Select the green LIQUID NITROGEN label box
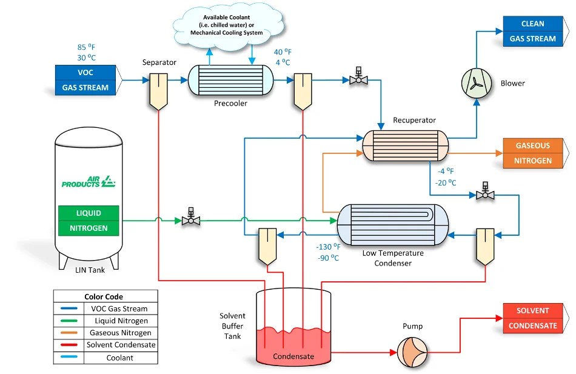click(x=89, y=221)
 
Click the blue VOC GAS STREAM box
click(x=85, y=80)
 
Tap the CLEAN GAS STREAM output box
click(x=533, y=32)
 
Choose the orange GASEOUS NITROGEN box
click(x=533, y=153)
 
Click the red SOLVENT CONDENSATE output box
click(x=533, y=318)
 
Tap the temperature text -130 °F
click(x=328, y=247)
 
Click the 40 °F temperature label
click(x=283, y=52)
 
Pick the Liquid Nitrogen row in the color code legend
click(x=105, y=320)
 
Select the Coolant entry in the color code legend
click(x=105, y=358)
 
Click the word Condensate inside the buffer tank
click(x=293, y=356)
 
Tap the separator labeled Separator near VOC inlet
click(x=158, y=90)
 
